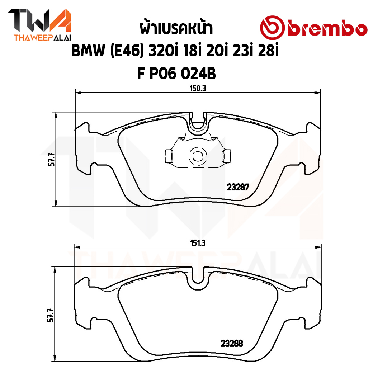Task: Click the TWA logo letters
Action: pyautogui.click(x=39, y=20)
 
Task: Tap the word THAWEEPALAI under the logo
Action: pyautogui.click(x=43, y=38)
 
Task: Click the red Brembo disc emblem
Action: pyautogui.click(x=272, y=28)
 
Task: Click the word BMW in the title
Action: pyautogui.click(x=88, y=51)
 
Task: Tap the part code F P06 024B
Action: pyautogui.click(x=176, y=74)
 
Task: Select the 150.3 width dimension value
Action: pyautogui.click(x=198, y=89)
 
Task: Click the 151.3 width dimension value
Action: pyautogui.click(x=198, y=243)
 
